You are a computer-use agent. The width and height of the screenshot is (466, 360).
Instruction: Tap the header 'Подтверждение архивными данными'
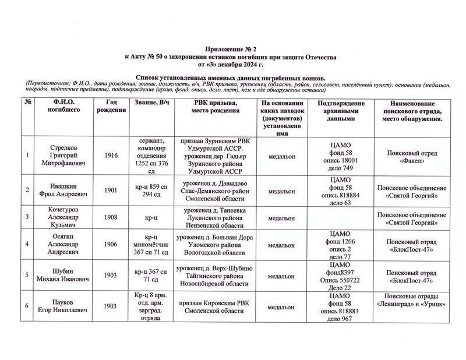341,110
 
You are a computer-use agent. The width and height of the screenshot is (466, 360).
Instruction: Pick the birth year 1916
111,156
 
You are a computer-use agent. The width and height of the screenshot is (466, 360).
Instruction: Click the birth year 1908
111,217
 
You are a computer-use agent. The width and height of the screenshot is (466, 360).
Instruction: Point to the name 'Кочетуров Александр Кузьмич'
63,217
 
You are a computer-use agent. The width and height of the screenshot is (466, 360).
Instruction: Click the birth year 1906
111,245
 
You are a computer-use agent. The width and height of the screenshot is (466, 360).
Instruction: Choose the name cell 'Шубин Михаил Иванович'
63,276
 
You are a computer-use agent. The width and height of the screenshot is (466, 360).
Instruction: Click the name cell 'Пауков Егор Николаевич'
63,306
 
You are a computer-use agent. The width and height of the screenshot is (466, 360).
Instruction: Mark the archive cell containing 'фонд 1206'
341,245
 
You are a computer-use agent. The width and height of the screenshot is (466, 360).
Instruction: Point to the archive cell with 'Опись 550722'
341,276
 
